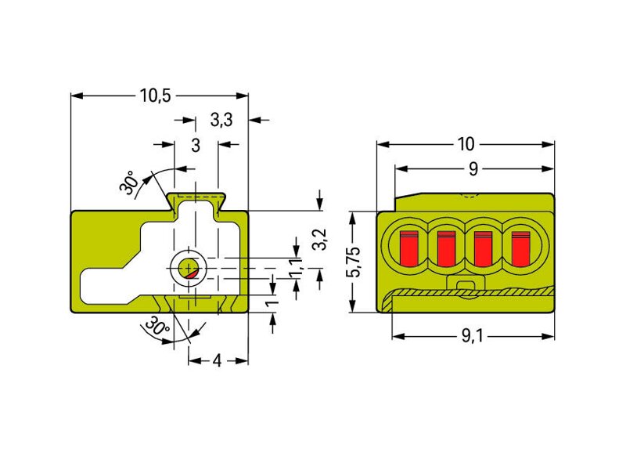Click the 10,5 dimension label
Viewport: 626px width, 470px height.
point(155,96)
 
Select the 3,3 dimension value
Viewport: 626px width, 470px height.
point(221,120)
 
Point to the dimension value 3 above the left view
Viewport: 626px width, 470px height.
point(196,145)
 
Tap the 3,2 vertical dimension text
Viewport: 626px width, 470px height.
point(319,239)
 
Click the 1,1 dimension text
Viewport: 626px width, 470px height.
point(296,266)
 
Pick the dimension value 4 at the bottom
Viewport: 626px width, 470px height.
point(218,361)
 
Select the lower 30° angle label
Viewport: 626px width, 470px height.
point(157,327)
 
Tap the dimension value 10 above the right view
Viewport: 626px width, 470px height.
point(466,144)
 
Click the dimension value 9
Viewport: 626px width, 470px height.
point(473,168)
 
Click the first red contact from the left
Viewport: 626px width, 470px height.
point(409,248)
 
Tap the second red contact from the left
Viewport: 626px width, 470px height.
point(446,248)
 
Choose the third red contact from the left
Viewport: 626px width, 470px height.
point(483,248)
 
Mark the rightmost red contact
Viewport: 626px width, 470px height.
point(520,248)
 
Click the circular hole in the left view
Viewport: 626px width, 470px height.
point(188,269)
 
